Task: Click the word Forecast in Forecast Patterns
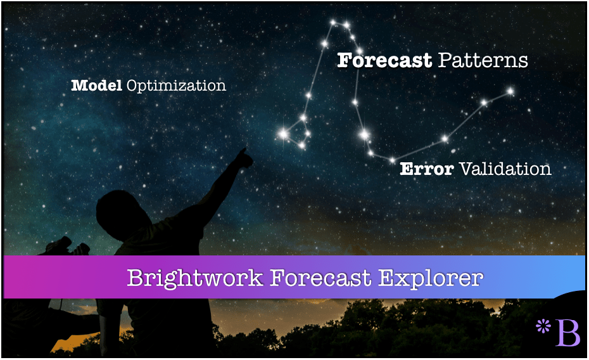[384, 60]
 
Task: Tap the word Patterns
[483, 60]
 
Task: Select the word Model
[96, 86]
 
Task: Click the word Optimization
[176, 86]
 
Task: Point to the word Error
[427, 169]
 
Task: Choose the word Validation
[505, 169]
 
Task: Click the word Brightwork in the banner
[195, 278]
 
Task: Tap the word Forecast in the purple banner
[320, 278]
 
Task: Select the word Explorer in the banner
[431, 278]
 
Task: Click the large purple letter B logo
[567, 333]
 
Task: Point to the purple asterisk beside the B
[543, 326]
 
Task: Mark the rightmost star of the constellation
[510, 91]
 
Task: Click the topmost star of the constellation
[332, 23]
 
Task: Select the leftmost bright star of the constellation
[284, 133]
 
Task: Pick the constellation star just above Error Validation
[392, 160]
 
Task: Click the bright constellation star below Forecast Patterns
[364, 134]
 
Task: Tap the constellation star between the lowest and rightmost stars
[445, 139]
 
